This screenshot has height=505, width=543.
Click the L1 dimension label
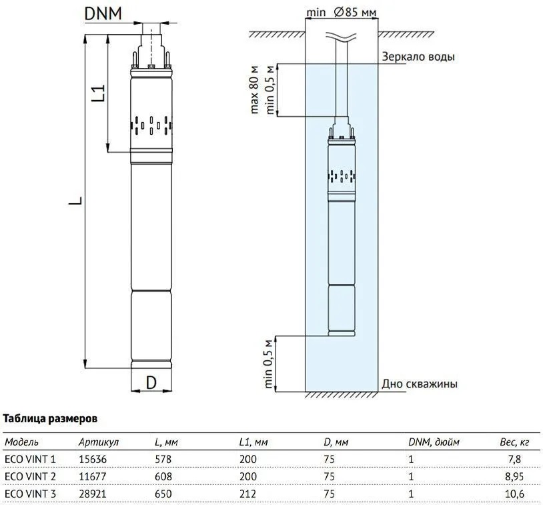tap(97, 93)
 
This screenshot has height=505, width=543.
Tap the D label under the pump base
tap(151, 383)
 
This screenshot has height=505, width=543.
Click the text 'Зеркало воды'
tap(418, 57)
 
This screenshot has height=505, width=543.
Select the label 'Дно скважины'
tap(420, 384)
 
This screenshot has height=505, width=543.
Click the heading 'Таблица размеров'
tap(51, 419)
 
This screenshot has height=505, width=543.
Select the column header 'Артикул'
tap(98, 442)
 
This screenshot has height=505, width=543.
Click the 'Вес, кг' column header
tap(514, 442)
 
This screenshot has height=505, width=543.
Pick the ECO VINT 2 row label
tap(31, 476)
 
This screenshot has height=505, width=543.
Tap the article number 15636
tap(92, 460)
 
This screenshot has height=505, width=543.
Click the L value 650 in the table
tap(163, 494)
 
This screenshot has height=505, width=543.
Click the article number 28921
tap(92, 494)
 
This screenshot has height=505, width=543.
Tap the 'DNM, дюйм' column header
tap(434, 442)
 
